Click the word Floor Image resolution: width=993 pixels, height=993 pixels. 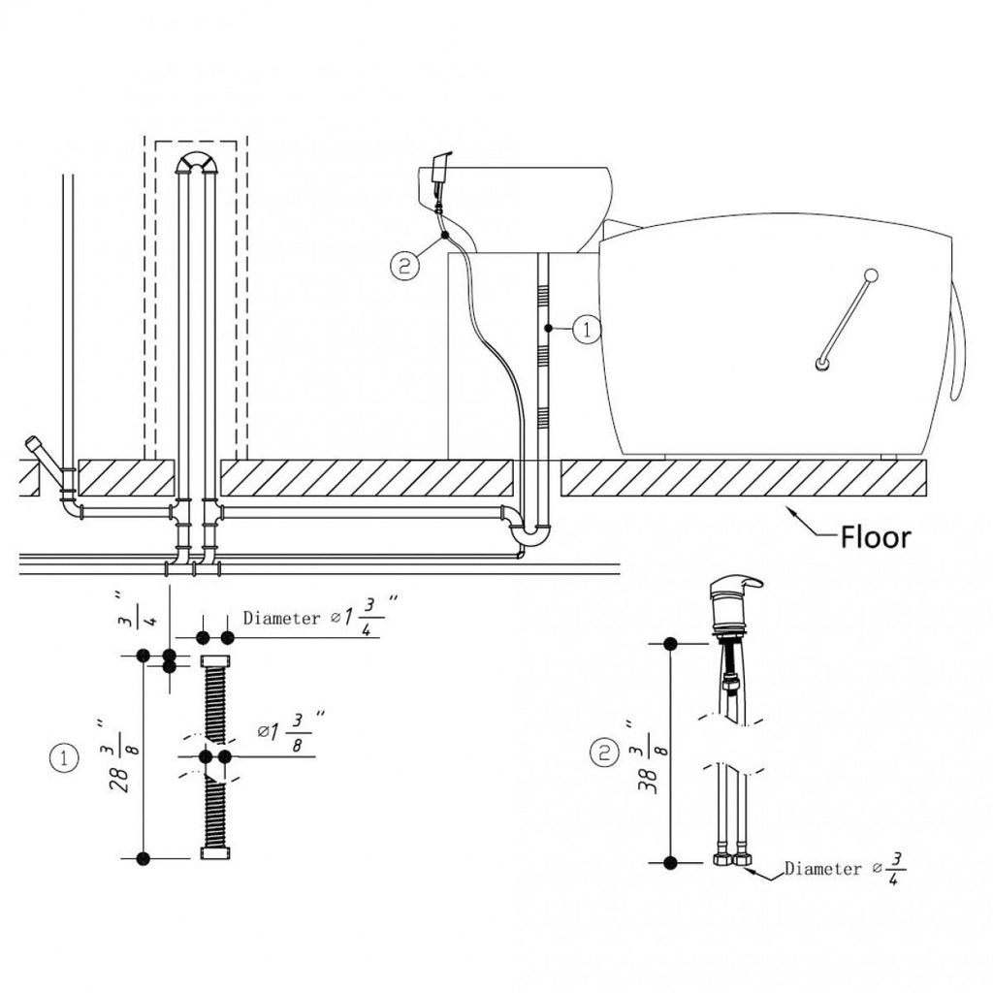point(876,537)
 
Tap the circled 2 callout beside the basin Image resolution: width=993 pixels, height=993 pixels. point(405,266)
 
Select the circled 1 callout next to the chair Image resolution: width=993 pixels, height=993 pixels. point(588,330)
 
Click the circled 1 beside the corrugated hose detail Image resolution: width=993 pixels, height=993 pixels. point(64,758)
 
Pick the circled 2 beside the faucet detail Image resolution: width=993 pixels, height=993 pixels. point(604,753)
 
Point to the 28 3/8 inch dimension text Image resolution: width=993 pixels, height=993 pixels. point(119,756)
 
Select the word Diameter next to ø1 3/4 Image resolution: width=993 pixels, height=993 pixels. point(282,618)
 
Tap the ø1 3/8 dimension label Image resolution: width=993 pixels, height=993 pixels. point(291,731)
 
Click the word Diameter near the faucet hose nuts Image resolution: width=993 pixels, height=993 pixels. point(823,868)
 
